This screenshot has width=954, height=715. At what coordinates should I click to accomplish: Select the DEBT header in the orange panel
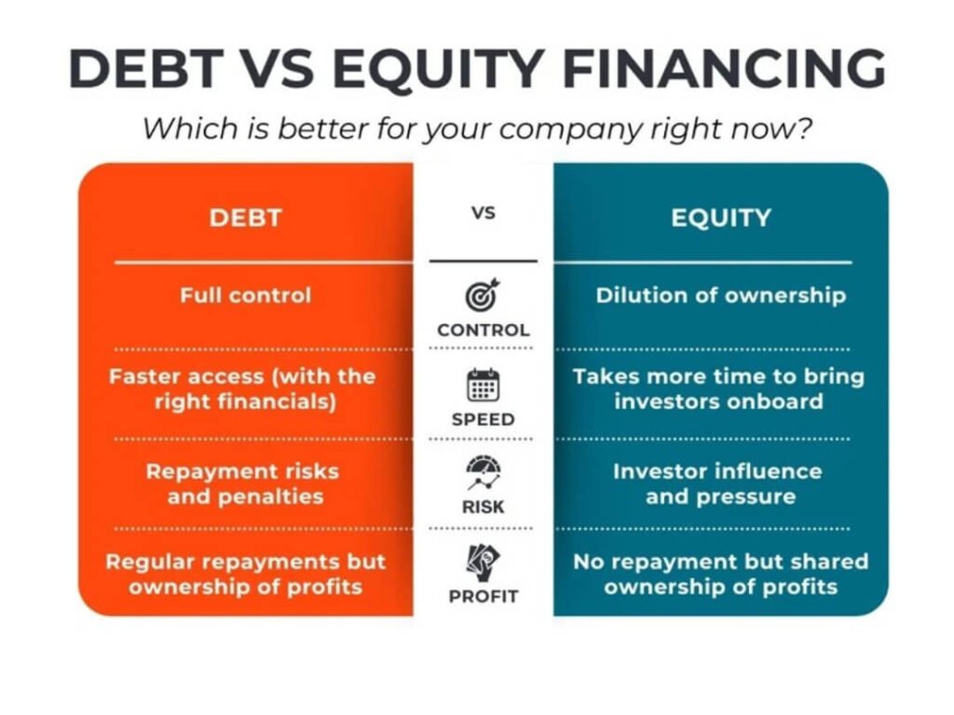click(245, 218)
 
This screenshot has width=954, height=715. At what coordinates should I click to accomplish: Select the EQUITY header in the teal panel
click(720, 218)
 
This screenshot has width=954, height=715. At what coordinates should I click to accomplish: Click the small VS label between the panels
click(483, 213)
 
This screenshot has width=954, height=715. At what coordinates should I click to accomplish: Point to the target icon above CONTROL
click(483, 296)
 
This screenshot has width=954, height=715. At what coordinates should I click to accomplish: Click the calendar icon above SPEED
click(483, 384)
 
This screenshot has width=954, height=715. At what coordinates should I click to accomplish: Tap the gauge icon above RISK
click(483, 473)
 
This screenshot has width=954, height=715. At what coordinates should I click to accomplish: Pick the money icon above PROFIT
click(483, 561)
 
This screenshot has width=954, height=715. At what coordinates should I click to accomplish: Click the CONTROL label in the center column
click(483, 330)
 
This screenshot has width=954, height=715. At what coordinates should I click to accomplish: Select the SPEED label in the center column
click(483, 419)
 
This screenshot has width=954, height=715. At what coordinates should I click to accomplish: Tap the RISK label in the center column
click(483, 507)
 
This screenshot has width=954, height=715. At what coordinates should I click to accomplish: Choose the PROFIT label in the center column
click(483, 596)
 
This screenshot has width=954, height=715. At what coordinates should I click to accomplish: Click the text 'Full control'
click(245, 296)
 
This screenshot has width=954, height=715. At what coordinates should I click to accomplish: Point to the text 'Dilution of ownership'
click(720, 296)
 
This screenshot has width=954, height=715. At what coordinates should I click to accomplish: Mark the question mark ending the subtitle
click(805, 128)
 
